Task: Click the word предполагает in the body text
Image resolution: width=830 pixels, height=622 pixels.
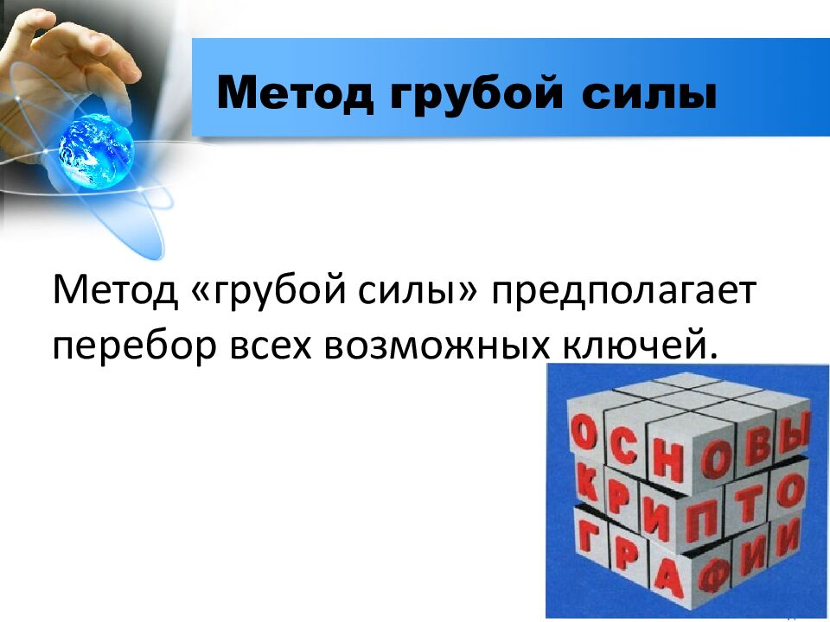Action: (x=624, y=290)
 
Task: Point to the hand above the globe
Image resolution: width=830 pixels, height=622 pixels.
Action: (x=82, y=60)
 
